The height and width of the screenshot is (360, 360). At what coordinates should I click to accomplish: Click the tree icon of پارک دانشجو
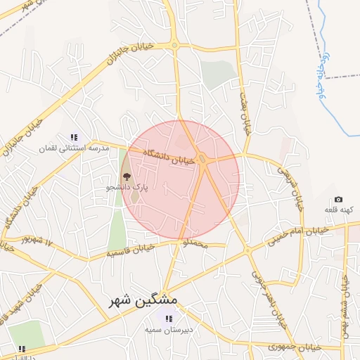127,176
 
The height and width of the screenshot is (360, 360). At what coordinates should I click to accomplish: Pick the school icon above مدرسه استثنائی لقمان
74,137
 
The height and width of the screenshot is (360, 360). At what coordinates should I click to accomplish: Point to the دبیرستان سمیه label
169,329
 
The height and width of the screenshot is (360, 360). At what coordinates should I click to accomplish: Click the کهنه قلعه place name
339,210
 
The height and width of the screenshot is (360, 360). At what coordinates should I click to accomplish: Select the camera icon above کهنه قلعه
339,200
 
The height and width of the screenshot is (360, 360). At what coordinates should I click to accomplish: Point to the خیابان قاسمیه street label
129,250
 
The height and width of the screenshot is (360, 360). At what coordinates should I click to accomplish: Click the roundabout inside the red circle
202,160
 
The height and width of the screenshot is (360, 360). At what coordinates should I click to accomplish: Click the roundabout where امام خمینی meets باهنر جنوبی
248,250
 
